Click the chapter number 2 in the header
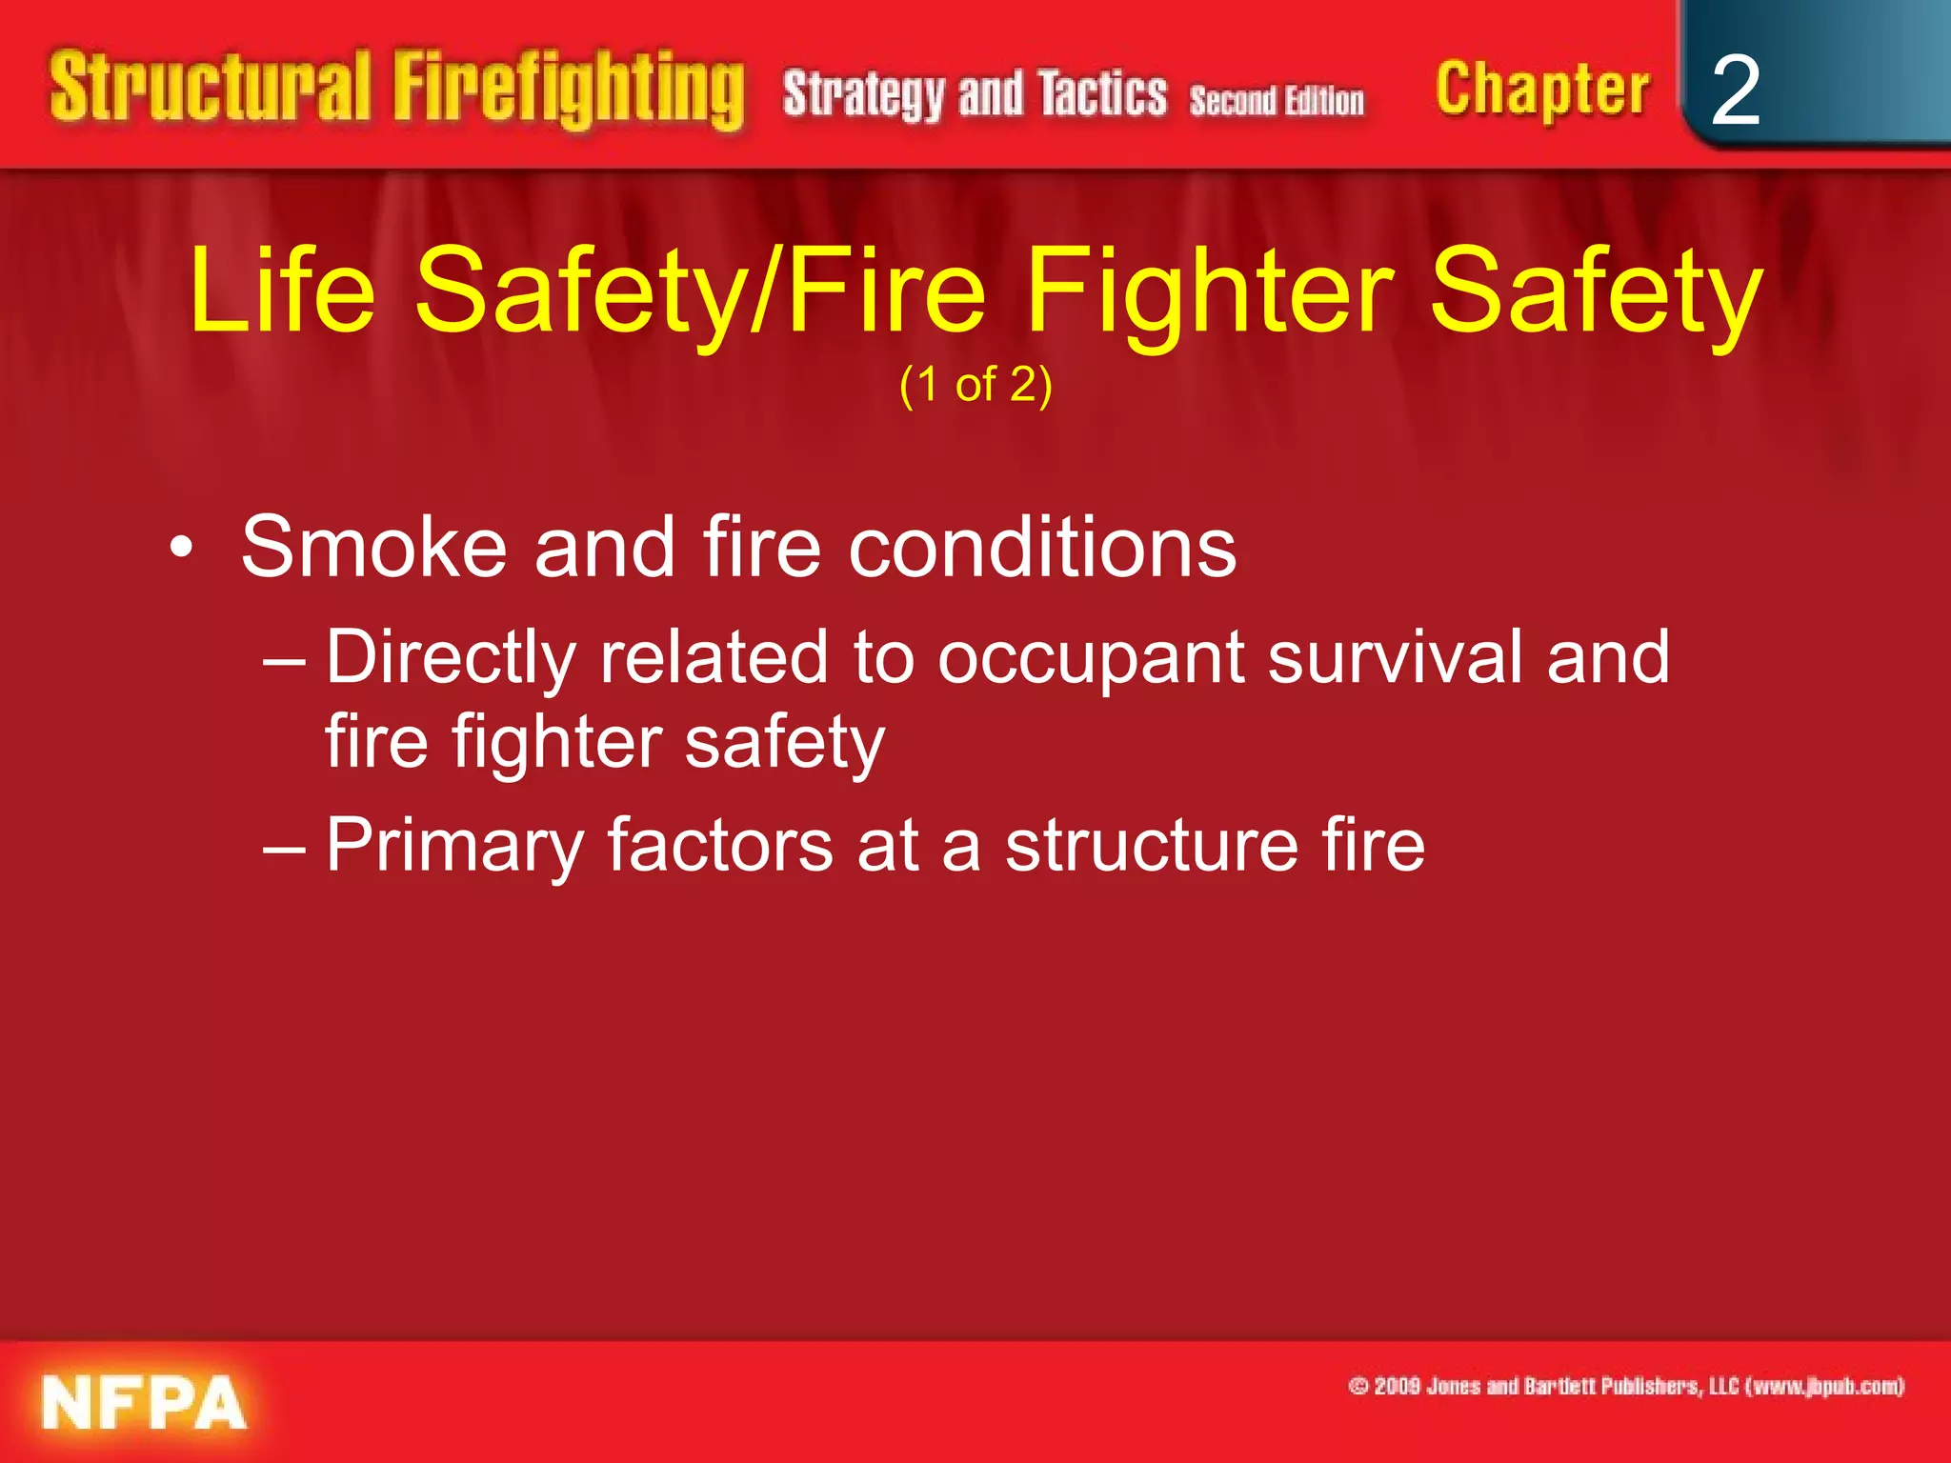1735,90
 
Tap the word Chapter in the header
1541,90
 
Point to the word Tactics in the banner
1102,94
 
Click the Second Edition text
1276,100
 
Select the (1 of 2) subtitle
975,385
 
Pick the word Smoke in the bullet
372,548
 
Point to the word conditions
1042,548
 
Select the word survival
1395,657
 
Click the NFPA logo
143,1403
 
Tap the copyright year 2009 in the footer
1398,1386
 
